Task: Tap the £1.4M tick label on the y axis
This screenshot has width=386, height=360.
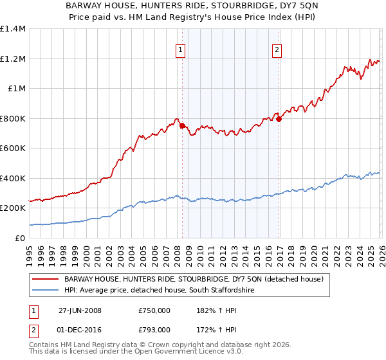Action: point(13,29)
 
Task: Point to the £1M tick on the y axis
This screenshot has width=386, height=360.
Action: point(15,89)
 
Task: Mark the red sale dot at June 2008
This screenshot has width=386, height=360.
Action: point(182,126)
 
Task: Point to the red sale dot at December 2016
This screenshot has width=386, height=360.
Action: point(279,119)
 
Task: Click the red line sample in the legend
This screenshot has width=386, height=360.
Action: point(46,279)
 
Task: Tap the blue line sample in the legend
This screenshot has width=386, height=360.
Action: point(46,291)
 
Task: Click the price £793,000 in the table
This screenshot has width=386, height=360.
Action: point(154,329)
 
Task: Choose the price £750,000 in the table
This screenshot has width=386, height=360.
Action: point(154,310)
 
